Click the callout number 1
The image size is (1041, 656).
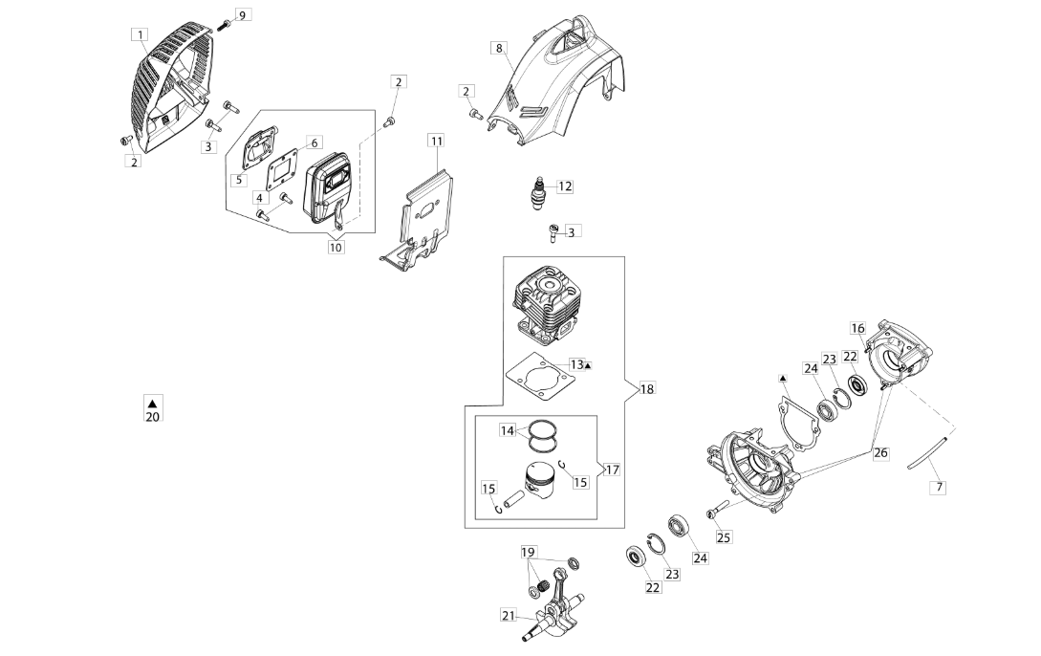[x=141, y=34]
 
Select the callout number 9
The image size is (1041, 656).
[x=241, y=15]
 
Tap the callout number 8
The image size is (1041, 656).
[x=498, y=48]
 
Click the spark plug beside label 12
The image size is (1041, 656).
[x=540, y=189]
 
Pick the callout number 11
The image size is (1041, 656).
[x=436, y=141]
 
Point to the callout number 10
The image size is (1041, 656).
[x=336, y=247]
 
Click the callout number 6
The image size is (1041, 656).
[x=314, y=142]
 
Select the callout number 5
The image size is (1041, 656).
[x=239, y=180]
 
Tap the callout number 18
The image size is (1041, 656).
[x=647, y=389]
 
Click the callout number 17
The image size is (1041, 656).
[x=612, y=470]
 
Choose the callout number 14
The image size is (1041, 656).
[x=508, y=431]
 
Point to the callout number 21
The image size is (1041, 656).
[x=508, y=616]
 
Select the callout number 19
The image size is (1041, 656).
[x=529, y=553]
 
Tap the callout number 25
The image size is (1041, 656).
[x=724, y=537]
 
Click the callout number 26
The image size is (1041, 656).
[x=880, y=452]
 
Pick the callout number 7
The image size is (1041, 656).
[x=939, y=487]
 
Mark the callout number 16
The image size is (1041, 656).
[x=857, y=329]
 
